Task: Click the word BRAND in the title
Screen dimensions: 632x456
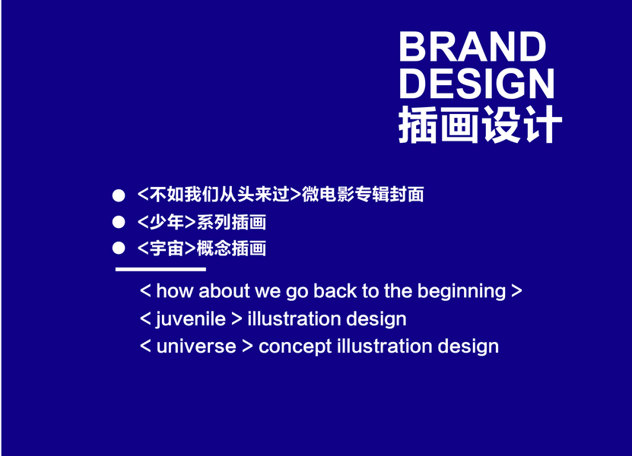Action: (472, 46)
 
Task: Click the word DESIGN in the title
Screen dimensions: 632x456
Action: (477, 83)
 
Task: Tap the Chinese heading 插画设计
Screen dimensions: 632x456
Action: (480, 125)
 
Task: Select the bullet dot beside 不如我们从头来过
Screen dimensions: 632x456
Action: (119, 195)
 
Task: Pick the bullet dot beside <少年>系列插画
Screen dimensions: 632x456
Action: (119, 222)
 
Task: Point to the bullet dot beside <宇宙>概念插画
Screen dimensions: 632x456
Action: (119, 248)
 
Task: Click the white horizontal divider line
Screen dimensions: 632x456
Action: (160, 269)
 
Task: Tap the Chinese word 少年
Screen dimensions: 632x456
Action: (167, 222)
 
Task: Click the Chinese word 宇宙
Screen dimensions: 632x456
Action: (167, 249)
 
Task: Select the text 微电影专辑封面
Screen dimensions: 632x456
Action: (363, 194)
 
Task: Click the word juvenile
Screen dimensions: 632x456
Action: (191, 319)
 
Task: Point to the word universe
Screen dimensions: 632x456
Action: (196, 347)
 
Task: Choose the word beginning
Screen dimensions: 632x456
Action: (462, 292)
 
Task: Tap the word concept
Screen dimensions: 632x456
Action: (295, 347)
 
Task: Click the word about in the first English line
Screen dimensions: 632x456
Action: (224, 291)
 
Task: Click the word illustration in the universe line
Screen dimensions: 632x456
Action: (385, 347)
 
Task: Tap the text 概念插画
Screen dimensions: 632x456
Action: (231, 249)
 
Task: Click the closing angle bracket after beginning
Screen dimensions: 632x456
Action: (516, 291)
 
